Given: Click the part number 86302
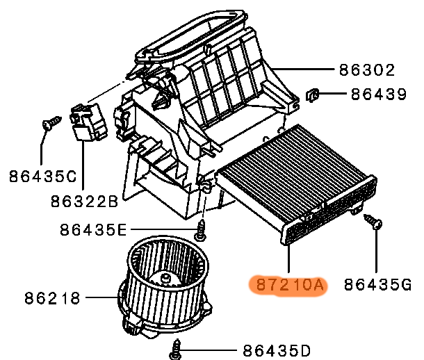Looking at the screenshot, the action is pyautogui.click(x=367, y=70).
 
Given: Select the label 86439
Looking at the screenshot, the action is pyautogui.click(x=379, y=95).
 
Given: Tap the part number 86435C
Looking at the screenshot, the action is pyautogui.click(x=42, y=177).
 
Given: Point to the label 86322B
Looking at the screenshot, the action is pyautogui.click(x=84, y=202).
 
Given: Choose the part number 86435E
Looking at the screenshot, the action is pyautogui.click(x=93, y=230).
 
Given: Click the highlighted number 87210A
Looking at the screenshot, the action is pyautogui.click(x=290, y=285).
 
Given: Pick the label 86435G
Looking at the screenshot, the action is pyautogui.click(x=377, y=285).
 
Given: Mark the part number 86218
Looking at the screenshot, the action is pyautogui.click(x=52, y=298).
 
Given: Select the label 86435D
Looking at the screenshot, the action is pyautogui.click(x=277, y=351).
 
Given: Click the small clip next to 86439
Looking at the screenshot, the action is pyautogui.click(x=312, y=95).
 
